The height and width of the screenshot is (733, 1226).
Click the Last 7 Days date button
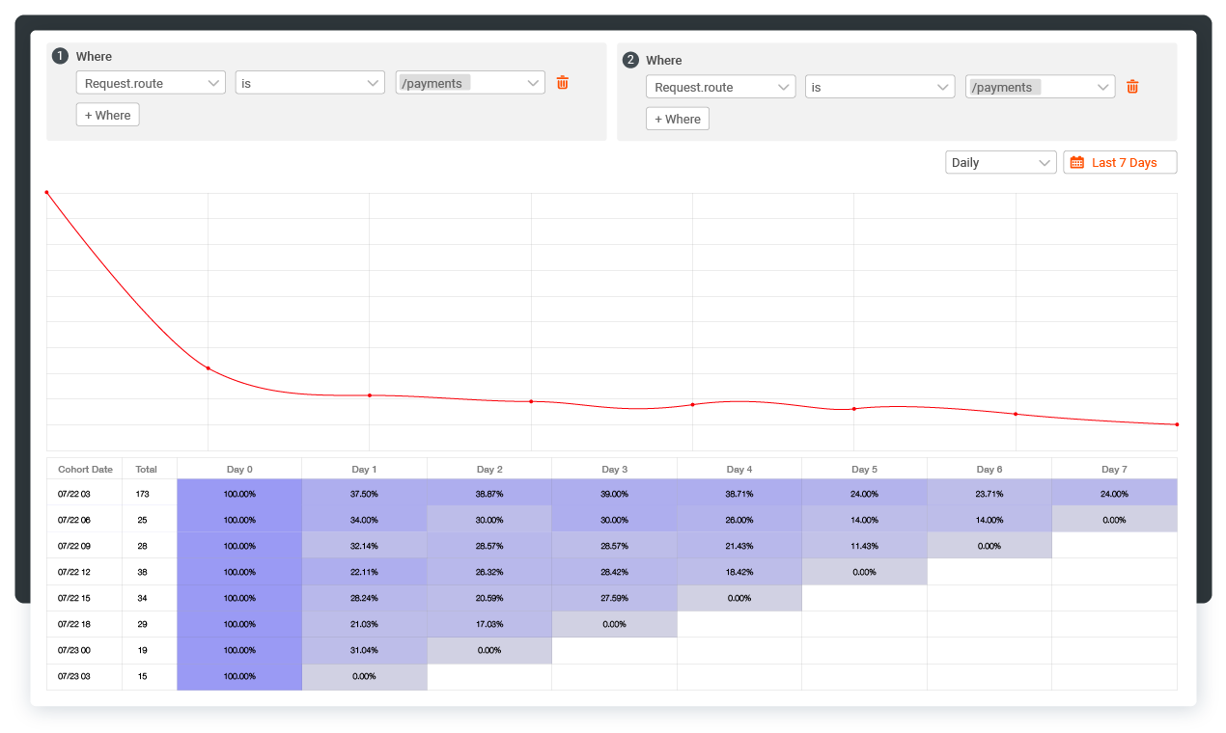[x=1120, y=163]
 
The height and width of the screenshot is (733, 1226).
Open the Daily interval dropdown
[x=1000, y=163]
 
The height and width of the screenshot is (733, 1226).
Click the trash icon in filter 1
[x=563, y=83]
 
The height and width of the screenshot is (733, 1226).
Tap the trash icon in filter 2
[x=1132, y=87]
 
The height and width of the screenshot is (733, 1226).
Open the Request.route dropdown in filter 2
[x=720, y=87]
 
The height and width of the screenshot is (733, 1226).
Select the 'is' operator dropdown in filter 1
[x=310, y=83]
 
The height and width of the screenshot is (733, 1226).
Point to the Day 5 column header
[x=864, y=470]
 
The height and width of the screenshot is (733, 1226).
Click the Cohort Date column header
[x=85, y=470]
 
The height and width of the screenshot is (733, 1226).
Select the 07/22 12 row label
[x=73, y=572]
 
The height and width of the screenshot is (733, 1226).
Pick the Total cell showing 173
[x=142, y=494]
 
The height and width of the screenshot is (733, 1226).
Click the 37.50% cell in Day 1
[x=364, y=494]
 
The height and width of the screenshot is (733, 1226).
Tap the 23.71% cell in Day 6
[x=989, y=494]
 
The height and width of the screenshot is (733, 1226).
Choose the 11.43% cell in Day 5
[x=864, y=546]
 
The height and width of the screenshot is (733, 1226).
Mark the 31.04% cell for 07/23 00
[x=364, y=650]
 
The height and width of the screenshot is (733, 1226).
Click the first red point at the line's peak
[x=46, y=192]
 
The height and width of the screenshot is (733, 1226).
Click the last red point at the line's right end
[x=1177, y=424]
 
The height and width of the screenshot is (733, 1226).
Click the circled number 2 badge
[x=630, y=60]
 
